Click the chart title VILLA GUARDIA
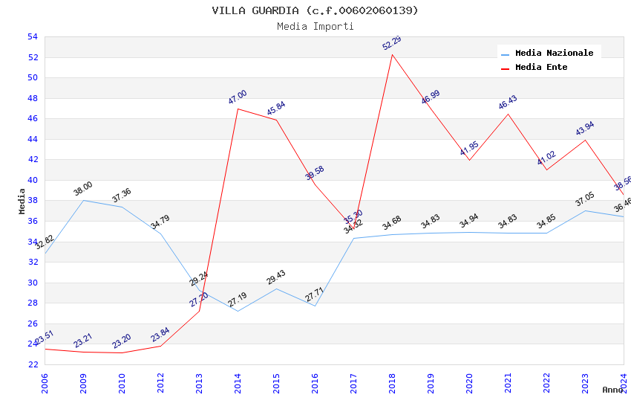point(315,10)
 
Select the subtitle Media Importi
point(315,26)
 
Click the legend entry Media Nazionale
point(554,53)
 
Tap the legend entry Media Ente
point(541,67)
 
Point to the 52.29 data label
point(392,43)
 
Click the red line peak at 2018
point(392,54)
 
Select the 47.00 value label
point(238,97)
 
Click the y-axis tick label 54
point(32,36)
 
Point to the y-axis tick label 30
point(32,283)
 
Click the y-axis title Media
point(22,201)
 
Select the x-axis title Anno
point(612,390)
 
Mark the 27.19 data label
point(238,300)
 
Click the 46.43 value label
point(508,103)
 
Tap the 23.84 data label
point(160,335)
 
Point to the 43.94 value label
point(585,129)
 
